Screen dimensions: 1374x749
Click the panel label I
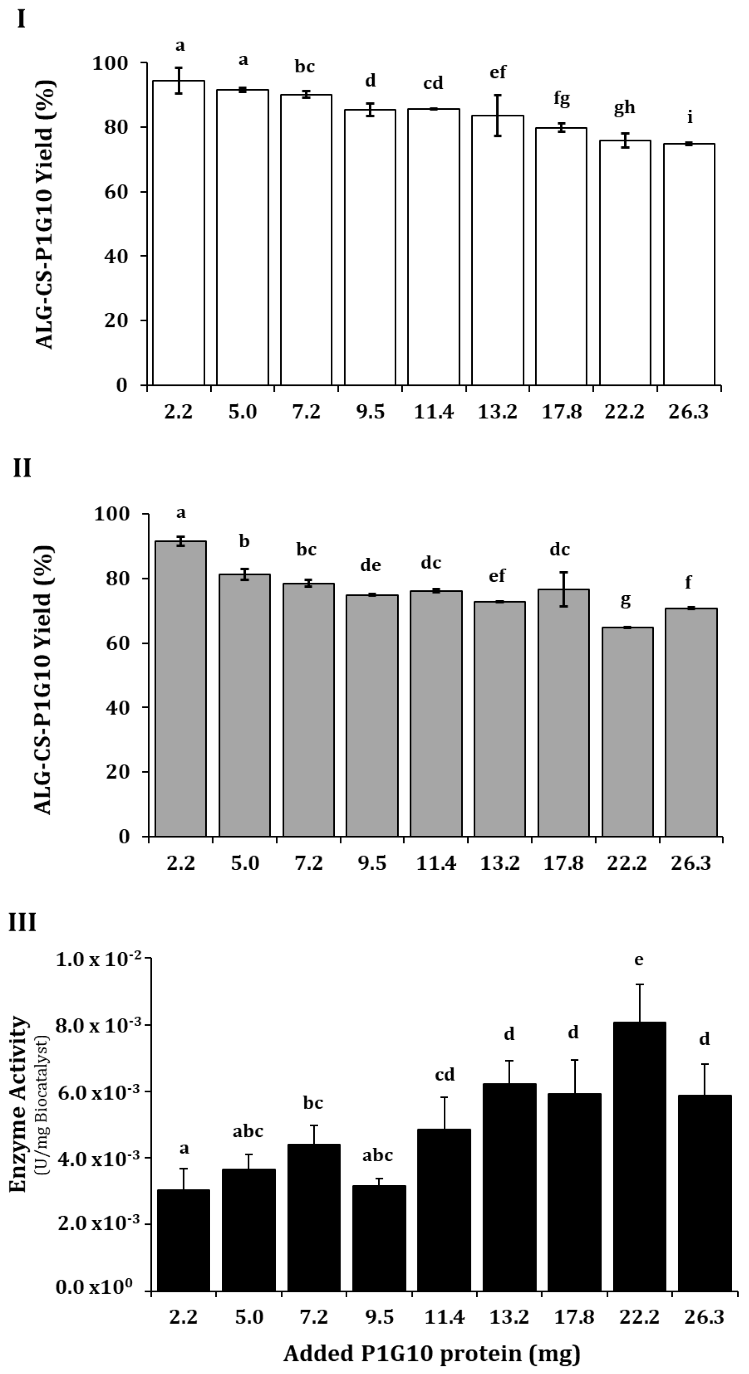(21, 20)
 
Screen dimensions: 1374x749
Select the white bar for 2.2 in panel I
(179, 232)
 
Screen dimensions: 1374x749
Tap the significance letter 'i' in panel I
(690, 117)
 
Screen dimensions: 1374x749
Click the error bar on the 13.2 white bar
(497, 115)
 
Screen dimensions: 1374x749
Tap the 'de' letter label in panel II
(370, 565)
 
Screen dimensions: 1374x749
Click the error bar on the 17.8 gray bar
(564, 589)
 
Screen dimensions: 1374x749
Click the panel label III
(22, 922)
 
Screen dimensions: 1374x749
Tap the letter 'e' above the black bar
(639, 960)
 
